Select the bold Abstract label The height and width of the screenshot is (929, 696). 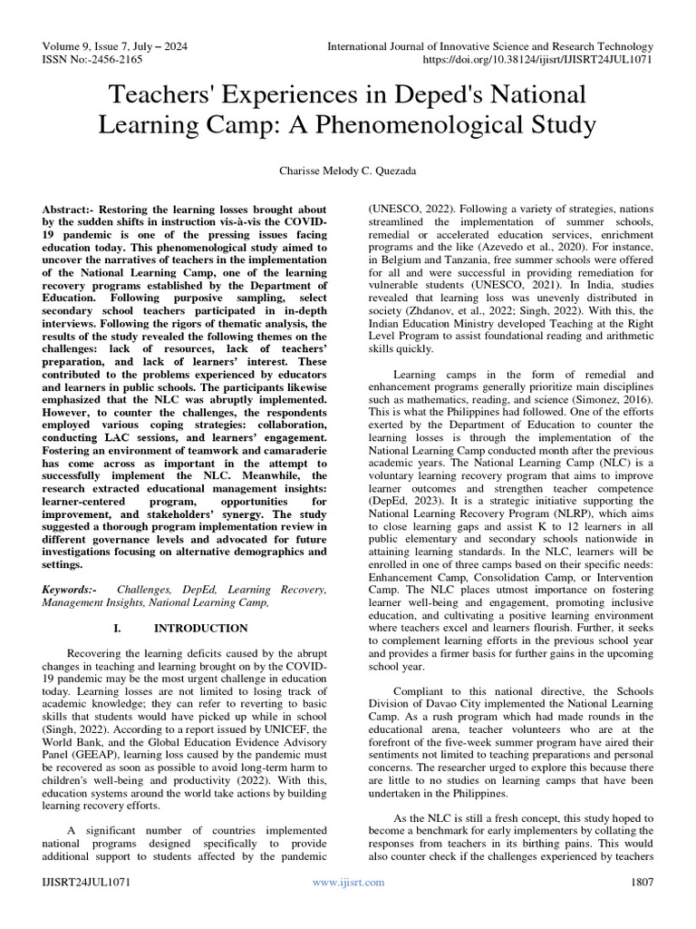[71, 209]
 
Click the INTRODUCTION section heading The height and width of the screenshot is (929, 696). [200, 628]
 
